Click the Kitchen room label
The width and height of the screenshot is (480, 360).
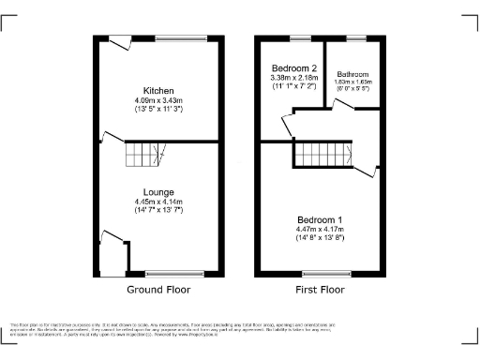[x=157, y=90]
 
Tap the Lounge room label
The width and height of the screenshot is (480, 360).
[x=157, y=191]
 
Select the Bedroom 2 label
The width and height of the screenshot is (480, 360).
[x=294, y=68]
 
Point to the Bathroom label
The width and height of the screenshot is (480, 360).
[x=353, y=74]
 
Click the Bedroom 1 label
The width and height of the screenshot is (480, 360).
[x=321, y=220]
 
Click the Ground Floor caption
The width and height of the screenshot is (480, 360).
[x=158, y=290]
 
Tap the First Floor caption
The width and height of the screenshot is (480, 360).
[x=321, y=290]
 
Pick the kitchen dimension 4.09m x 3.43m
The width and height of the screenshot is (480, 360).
[x=157, y=99]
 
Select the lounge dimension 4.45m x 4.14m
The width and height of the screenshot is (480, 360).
[x=157, y=201]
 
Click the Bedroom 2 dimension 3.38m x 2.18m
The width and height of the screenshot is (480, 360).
[x=294, y=78]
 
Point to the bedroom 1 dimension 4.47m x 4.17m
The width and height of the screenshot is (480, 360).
[x=321, y=230]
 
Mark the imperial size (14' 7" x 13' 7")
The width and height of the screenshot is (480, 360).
[x=157, y=210]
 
